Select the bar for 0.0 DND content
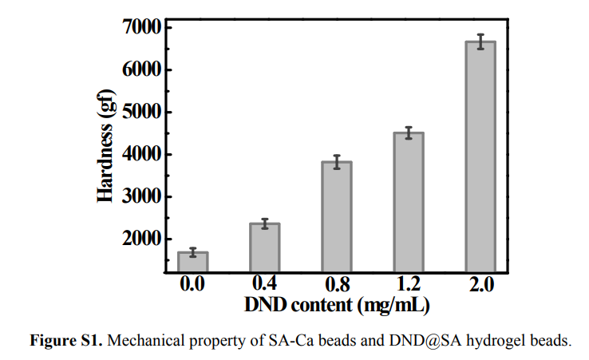pos(192,263)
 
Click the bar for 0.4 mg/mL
pos(264,248)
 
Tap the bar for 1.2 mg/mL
pos(408,203)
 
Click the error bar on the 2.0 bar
pos(480,42)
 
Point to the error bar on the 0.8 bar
pos(336,162)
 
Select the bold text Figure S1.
pos(66,341)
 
